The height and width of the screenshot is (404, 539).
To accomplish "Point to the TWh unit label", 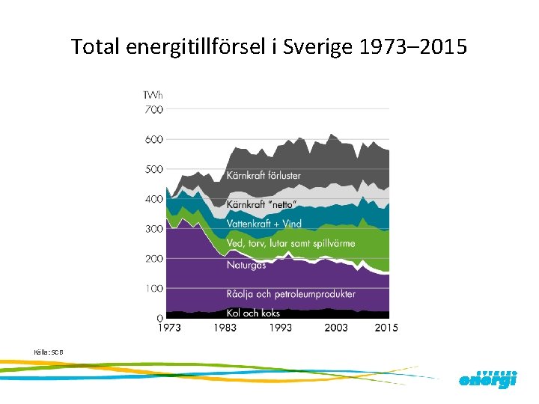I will tap(153, 95).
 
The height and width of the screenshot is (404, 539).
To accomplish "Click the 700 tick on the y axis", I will tap(153, 109).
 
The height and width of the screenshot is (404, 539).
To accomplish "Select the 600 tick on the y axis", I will tap(153, 139).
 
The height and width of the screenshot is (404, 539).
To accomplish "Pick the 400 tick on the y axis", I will tap(153, 199).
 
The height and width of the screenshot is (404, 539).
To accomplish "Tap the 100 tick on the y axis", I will tap(153, 288).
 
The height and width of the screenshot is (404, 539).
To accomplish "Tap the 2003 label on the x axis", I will tap(335, 328).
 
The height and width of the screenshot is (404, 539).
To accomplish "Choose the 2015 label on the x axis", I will tap(386, 328).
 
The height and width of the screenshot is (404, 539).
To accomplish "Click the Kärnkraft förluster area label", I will tap(264, 176).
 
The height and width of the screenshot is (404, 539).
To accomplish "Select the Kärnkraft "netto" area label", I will tap(261, 204).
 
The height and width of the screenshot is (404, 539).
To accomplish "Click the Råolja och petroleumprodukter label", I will tap(290, 293).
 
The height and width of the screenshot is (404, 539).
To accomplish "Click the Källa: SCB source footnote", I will tap(44, 352).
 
